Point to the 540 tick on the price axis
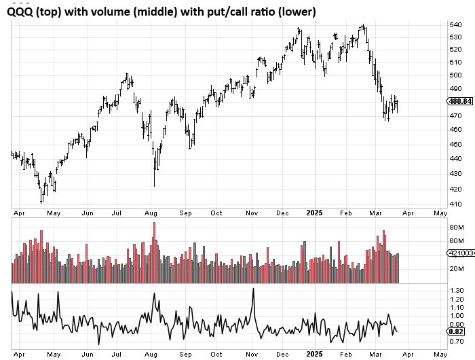pos(455,25)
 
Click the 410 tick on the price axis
pos(455,204)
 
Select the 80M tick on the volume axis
pos(456,226)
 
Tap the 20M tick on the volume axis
pos(456,268)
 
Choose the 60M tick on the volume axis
pos(456,240)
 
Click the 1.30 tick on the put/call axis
pos(457,290)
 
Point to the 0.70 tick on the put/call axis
pos(457,341)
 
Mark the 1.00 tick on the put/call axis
pos(457,316)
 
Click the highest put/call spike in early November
pos(252,289)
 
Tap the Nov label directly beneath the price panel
pos(252,213)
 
